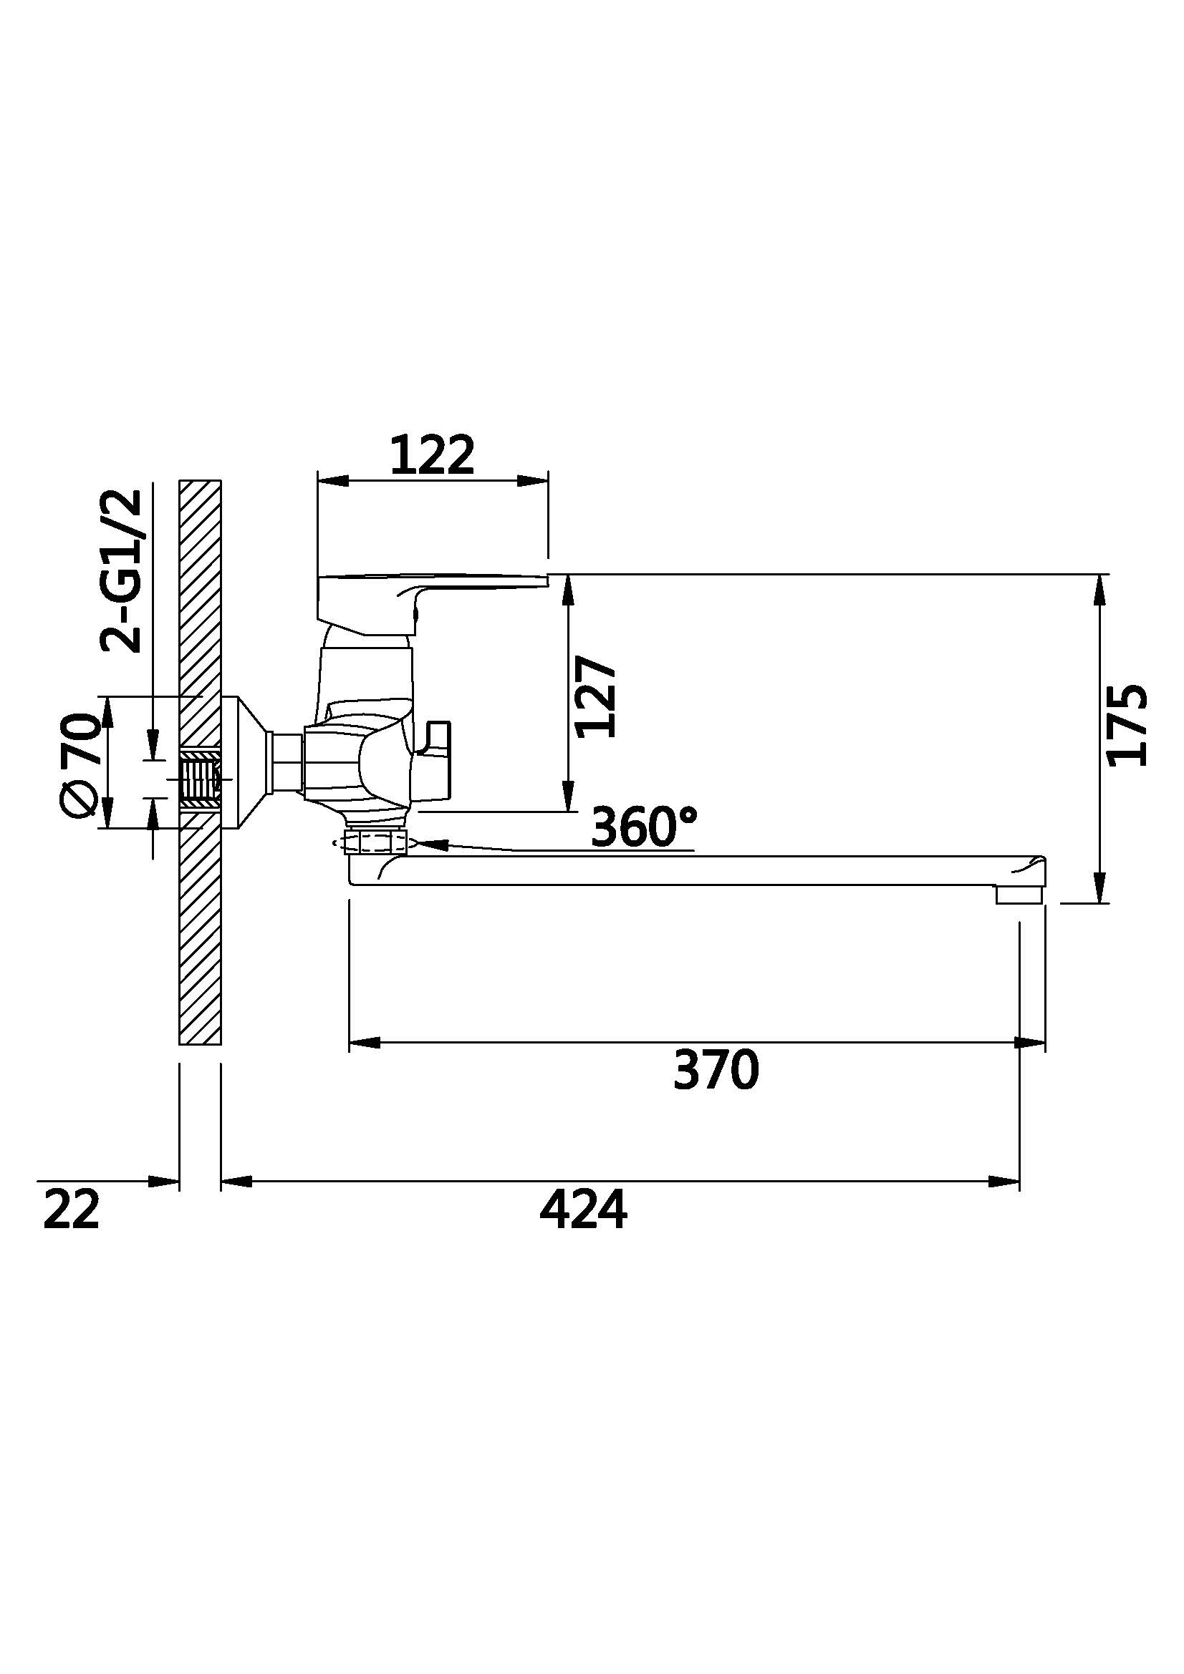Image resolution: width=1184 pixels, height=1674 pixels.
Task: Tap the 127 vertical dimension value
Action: tap(596, 696)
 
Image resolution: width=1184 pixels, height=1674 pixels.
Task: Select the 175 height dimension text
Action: tap(1127, 725)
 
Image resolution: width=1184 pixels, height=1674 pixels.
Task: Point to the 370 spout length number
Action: tap(716, 1069)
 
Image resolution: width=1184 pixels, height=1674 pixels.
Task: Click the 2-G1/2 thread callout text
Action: tap(121, 571)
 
